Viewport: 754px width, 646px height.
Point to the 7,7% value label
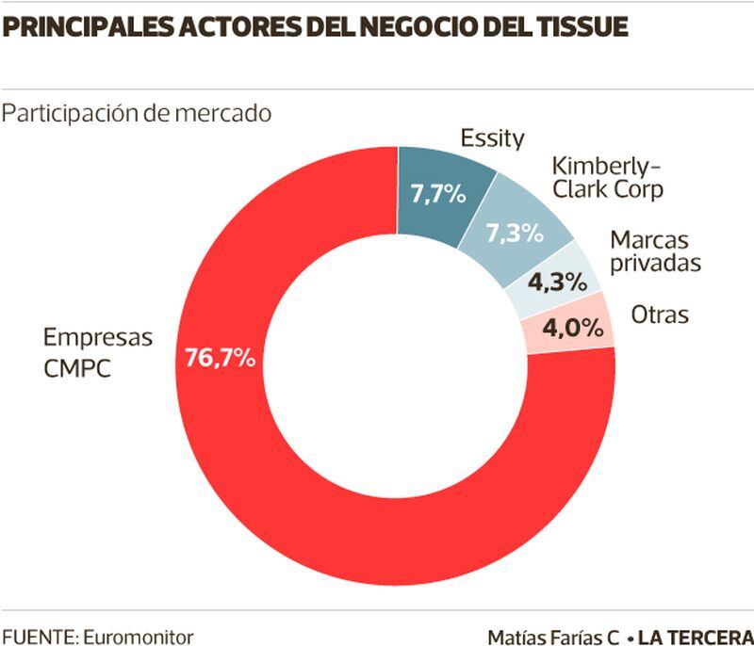(x=438, y=195)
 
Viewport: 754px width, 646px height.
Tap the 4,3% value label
(x=556, y=281)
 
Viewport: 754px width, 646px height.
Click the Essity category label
(x=491, y=138)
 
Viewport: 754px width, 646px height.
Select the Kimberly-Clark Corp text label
(x=600, y=177)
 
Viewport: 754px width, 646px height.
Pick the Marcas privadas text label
(x=655, y=250)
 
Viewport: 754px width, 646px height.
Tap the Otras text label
(x=660, y=315)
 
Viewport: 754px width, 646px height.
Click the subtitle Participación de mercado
(x=137, y=113)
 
